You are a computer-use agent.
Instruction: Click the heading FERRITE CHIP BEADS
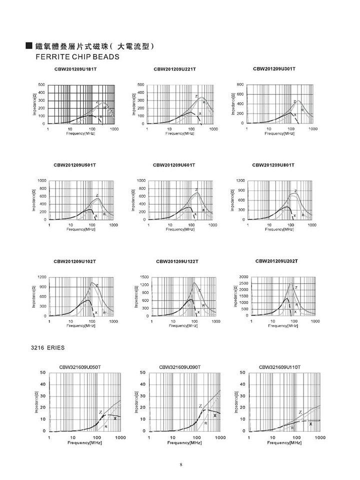[77, 56]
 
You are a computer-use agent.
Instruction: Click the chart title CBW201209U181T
[75, 68]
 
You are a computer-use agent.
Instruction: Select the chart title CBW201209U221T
[174, 68]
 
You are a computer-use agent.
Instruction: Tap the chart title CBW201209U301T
[274, 68]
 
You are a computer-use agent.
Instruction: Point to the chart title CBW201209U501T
[75, 164]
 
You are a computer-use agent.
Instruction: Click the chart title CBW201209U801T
[273, 164]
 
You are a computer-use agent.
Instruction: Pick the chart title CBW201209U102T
[75, 261]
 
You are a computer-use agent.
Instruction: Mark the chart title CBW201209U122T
[177, 261]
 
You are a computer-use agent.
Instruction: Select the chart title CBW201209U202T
[277, 261]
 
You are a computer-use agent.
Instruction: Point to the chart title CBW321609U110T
[280, 367]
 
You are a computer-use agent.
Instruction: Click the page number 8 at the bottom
[180, 464]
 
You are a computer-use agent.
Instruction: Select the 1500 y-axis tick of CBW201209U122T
[145, 276]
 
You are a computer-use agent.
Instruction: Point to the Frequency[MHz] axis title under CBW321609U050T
[83, 443]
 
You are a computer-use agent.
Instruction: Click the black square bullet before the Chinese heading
[29, 46]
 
